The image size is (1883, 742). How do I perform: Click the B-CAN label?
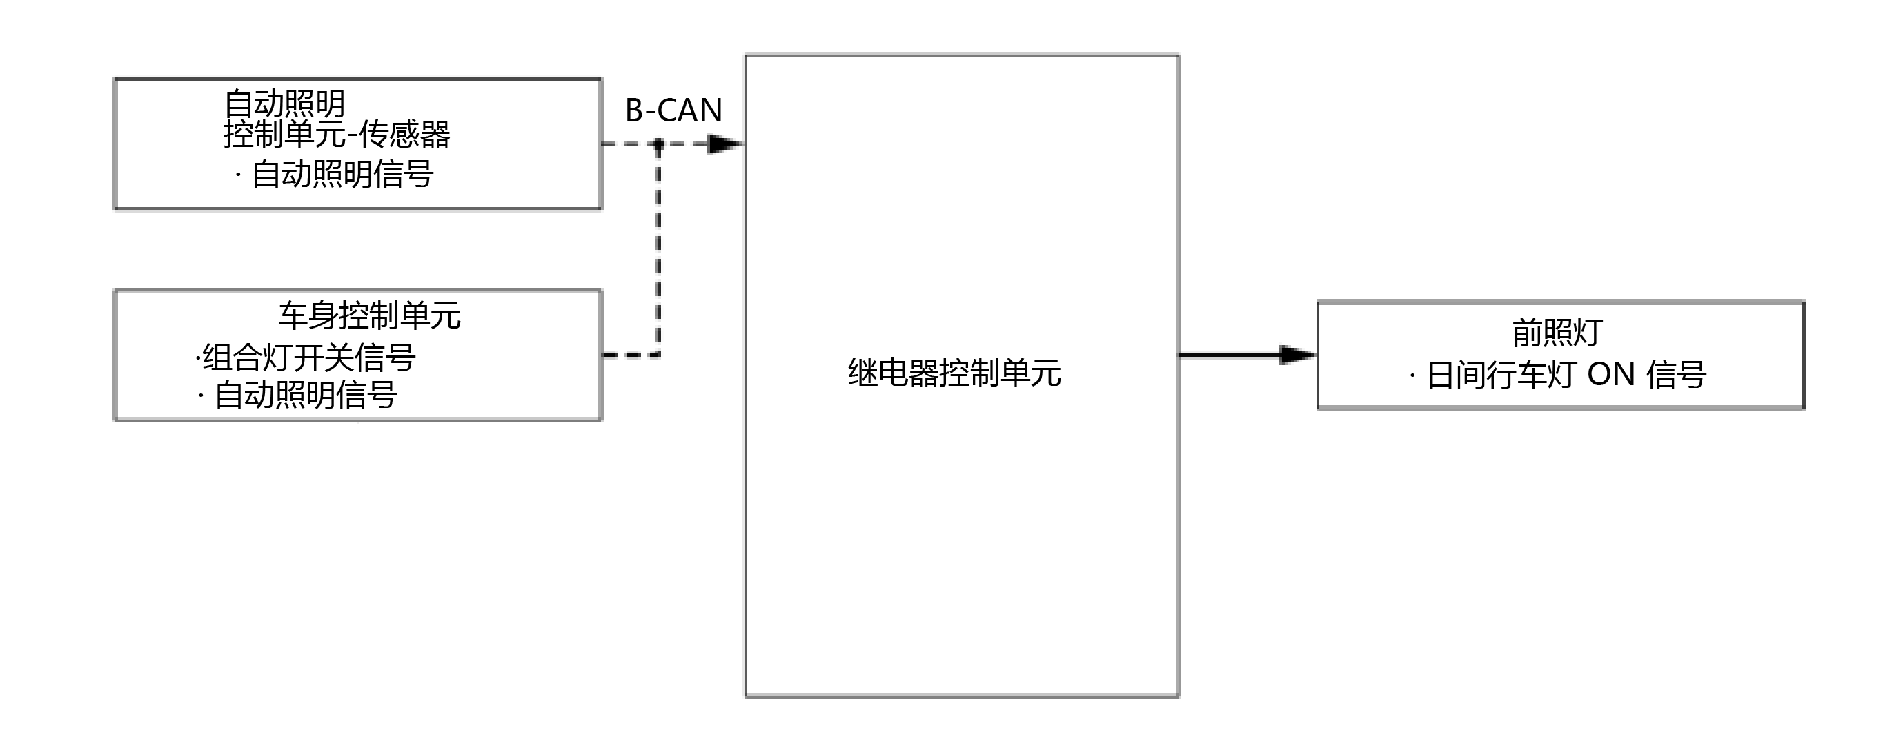pyautogui.click(x=673, y=110)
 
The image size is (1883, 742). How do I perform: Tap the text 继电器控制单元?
pyautogui.click(x=954, y=373)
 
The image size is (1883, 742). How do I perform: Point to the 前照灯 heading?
pyautogui.click(x=1557, y=333)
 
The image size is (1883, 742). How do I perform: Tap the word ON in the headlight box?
pyautogui.click(x=1611, y=375)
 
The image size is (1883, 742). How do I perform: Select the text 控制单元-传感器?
pyautogui.click(x=336, y=135)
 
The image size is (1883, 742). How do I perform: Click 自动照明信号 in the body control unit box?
pyautogui.click(x=306, y=396)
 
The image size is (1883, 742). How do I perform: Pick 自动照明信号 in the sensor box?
pyautogui.click(x=342, y=175)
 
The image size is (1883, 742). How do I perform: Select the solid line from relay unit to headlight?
pyautogui.click(x=1228, y=355)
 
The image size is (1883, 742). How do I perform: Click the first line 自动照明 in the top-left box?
pyautogui.click(x=284, y=104)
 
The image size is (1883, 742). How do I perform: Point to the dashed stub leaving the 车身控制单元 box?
pyautogui.click(x=629, y=355)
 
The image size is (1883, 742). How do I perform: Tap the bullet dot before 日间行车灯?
pyautogui.click(x=1412, y=375)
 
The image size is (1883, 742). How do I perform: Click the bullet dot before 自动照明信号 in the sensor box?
pyautogui.click(x=238, y=175)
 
